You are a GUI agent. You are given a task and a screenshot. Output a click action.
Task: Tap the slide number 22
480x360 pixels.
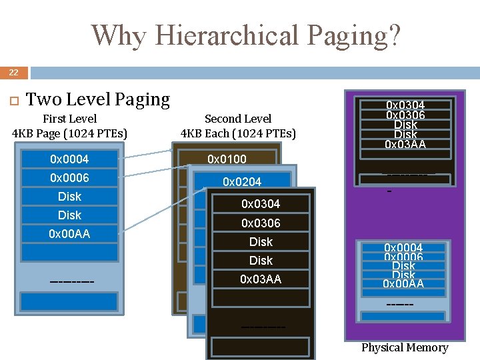pos(13,72)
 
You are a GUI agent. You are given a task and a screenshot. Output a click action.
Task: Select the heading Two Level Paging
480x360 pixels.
pos(97,99)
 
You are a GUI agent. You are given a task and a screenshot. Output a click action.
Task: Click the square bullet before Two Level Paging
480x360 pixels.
pos(11,100)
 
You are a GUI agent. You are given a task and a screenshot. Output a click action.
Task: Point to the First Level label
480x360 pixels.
pos(69,119)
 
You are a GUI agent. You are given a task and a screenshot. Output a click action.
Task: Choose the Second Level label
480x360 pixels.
pos(238,119)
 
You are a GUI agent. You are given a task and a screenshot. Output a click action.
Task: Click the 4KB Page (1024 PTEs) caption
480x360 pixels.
pos(69,133)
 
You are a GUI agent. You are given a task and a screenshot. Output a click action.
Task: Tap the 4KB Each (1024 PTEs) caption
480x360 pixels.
pos(238,133)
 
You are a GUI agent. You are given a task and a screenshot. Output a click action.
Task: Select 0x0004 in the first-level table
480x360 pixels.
pos(69,159)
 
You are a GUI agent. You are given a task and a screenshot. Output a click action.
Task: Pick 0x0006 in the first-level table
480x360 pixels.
pos(69,178)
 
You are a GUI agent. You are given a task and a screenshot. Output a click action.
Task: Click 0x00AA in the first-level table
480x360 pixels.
pos(69,234)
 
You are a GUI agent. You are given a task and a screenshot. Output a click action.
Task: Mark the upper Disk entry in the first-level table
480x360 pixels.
pos(69,197)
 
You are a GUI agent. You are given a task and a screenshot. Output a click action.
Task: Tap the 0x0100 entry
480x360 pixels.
pos(227,159)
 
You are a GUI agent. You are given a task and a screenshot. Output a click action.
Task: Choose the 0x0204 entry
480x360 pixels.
pos(242,181)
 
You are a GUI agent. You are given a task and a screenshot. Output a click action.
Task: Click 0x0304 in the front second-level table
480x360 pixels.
pos(261,203)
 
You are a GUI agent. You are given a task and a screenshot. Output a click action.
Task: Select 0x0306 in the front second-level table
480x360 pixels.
pos(261,223)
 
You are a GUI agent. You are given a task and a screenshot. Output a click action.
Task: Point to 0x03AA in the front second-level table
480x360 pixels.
pos(261,279)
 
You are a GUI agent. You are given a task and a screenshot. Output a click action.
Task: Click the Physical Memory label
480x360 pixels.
pos(405,347)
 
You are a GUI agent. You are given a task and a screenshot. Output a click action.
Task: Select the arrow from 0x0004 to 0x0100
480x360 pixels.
pos(154,156)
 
